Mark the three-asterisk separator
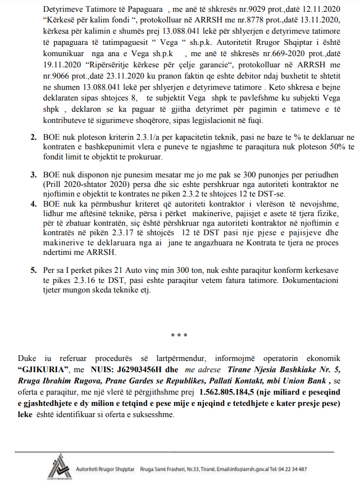coord(179,335)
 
